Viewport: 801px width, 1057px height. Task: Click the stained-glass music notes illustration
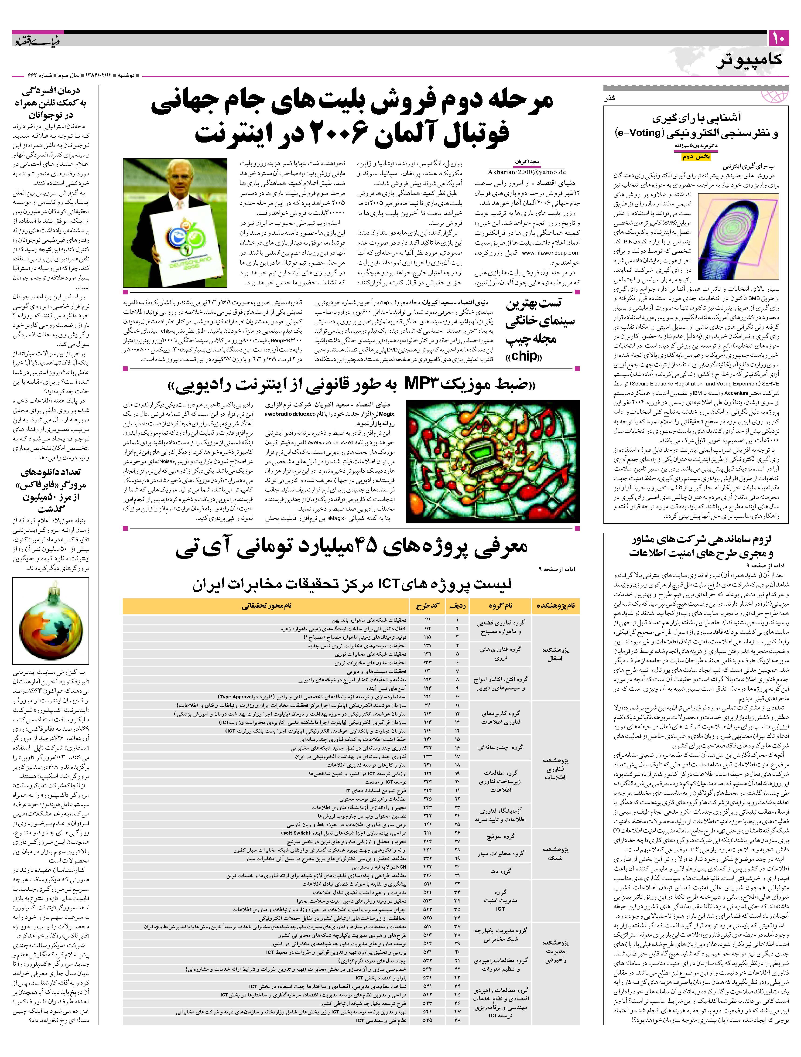click(x=492, y=462)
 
